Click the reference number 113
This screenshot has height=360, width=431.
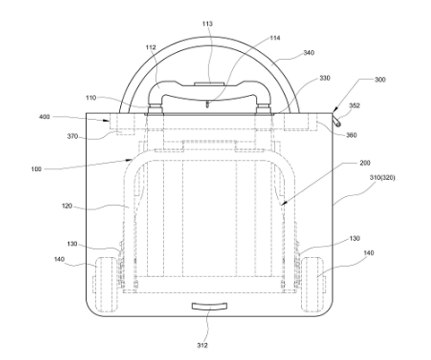(207, 23)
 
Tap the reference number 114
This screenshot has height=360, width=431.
(275, 38)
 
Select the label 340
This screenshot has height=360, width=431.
(308, 53)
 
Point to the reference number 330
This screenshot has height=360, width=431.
(324, 78)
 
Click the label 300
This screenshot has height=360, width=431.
(380, 80)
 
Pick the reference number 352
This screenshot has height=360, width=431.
(355, 106)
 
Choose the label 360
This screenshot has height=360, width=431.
(351, 135)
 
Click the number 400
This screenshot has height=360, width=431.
(45, 116)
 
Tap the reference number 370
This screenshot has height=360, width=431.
(73, 136)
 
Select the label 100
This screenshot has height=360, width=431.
(36, 169)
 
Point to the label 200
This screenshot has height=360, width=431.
(365, 163)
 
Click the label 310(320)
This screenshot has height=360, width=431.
(383, 177)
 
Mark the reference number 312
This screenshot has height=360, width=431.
(203, 346)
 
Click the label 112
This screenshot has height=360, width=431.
(151, 47)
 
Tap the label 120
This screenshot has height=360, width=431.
(67, 206)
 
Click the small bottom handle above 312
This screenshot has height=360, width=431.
(209, 306)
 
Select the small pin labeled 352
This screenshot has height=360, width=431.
(337, 122)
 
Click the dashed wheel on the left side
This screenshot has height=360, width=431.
(106, 284)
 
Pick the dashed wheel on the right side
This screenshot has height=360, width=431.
(313, 284)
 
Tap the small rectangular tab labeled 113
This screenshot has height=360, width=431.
(209, 84)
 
